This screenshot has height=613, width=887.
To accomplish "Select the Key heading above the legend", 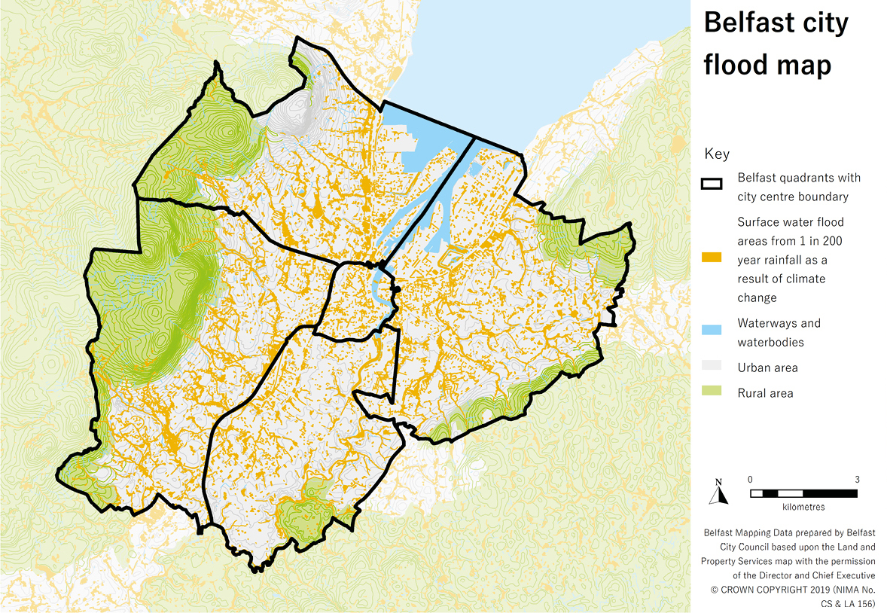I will click(716, 154).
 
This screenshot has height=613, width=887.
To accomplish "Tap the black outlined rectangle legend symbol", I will click(711, 184).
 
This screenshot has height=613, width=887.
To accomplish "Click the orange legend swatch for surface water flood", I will click(711, 258).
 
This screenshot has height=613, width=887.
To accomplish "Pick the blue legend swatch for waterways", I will click(711, 330).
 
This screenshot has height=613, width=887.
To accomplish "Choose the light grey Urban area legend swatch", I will click(711, 366).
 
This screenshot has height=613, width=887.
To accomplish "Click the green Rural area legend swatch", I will click(711, 392).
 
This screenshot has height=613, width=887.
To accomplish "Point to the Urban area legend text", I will click(767, 367).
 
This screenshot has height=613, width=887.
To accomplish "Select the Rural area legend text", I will click(765, 393).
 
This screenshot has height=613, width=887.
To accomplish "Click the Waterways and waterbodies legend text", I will click(779, 333).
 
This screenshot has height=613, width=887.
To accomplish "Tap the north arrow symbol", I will click(719, 493).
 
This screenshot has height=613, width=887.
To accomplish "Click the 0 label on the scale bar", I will click(750, 480).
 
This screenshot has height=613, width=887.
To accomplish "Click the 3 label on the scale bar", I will click(857, 480).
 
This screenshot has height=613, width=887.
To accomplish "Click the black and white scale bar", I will click(803, 493).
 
